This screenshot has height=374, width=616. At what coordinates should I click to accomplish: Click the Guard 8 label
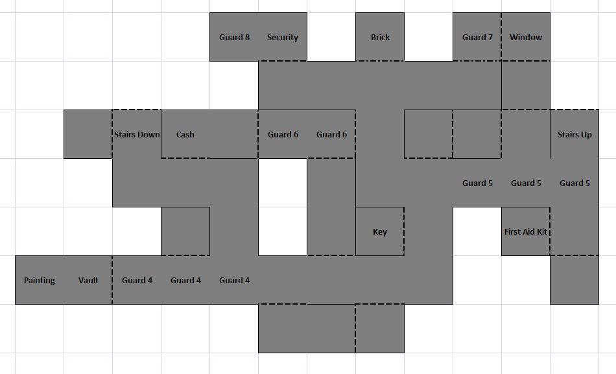tap(234, 38)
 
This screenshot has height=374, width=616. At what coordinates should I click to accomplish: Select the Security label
tap(283, 38)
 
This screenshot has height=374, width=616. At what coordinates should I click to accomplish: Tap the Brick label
tap(380, 38)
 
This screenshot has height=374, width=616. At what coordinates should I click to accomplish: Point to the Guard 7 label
tap(477, 38)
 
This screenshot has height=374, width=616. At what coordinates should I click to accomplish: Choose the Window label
tap(526, 38)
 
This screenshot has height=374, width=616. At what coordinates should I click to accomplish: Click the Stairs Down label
tap(137, 135)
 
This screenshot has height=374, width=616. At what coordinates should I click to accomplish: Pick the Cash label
tap(185, 135)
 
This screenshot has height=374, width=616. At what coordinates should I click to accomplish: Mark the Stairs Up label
tap(575, 135)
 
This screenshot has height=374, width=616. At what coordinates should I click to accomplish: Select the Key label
tap(380, 232)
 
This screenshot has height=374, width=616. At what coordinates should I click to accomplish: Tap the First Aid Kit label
tap(526, 232)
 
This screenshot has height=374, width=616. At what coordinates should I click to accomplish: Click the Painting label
tap(40, 281)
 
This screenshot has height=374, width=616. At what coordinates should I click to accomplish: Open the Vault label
tap(88, 281)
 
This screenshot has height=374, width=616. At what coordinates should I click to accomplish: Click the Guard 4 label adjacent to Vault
tap(137, 281)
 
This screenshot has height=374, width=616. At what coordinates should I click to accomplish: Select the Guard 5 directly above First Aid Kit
tap(526, 183)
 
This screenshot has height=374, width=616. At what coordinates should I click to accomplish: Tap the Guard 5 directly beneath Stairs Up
tap(575, 183)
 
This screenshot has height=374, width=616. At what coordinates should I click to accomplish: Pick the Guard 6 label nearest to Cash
tap(283, 135)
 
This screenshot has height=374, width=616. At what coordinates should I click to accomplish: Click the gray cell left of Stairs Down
tap(88, 134)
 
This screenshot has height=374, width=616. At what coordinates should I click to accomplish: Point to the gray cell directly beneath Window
tap(526, 86)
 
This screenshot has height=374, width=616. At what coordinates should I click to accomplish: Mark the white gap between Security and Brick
tap(331, 38)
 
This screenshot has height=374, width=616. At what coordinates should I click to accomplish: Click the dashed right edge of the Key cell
tap(404, 231)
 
